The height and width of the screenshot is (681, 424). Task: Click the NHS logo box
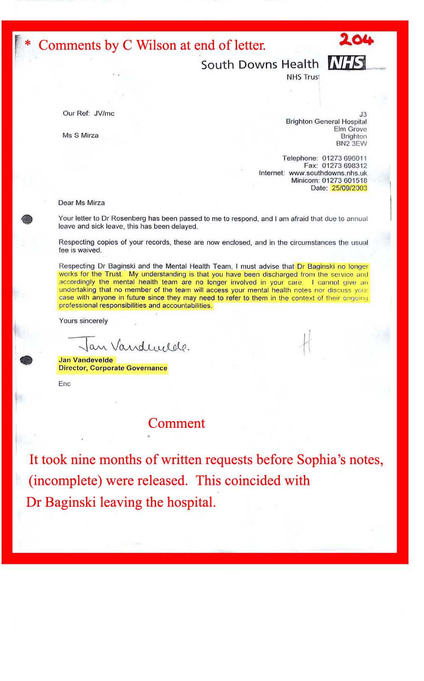pos(346,63)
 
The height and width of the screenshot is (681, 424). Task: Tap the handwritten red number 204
pos(356,40)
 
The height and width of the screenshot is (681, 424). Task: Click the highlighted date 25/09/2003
pos(349,188)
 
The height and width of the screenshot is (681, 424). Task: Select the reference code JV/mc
pos(104,113)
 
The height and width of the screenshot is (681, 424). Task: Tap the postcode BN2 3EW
pos(351,144)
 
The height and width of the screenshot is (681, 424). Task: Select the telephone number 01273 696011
pos(344,158)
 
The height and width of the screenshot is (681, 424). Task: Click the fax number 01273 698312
pos(344,166)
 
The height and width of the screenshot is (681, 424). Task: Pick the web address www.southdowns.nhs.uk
pos(328,173)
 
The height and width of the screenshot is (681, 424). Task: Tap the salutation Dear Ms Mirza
pos(81,203)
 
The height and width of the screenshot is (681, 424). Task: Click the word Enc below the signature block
pos(64,384)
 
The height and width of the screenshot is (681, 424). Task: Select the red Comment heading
pos(176,423)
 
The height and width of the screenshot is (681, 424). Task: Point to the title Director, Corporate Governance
pos(113,368)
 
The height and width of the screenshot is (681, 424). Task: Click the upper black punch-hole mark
pos(27,219)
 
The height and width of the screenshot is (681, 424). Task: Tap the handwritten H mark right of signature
pos(306,343)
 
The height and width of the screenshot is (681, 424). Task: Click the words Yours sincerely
pos(84,321)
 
